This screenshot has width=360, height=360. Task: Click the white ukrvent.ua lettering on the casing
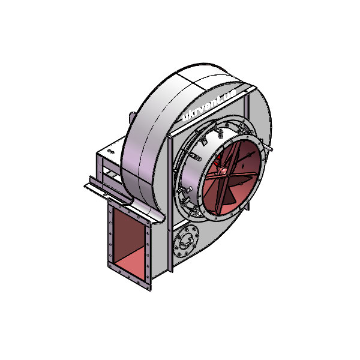(x=208, y=106)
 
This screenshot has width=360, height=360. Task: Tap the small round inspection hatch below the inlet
(x=186, y=241)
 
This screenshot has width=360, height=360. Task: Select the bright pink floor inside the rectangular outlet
(x=130, y=263)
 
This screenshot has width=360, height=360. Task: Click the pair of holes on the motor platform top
(x=111, y=151)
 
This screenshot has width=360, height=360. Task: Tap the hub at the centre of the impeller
(x=222, y=171)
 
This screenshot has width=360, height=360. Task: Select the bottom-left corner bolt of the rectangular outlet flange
(x=110, y=266)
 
